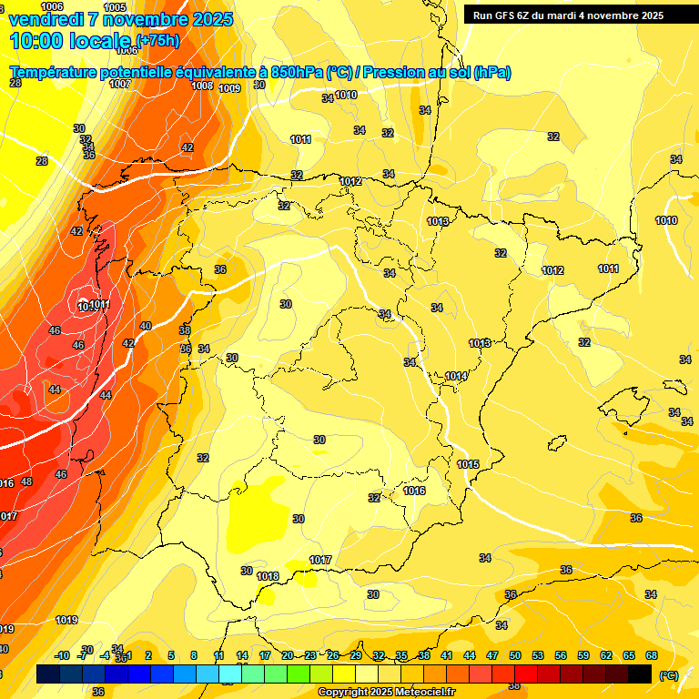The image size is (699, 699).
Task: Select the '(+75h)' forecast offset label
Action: (x=157, y=41)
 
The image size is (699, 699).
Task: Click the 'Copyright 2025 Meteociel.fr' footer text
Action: (x=388, y=692)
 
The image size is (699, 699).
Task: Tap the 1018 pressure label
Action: (x=268, y=576)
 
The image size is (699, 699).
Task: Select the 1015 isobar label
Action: (x=468, y=464)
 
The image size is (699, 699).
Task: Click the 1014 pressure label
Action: (x=456, y=376)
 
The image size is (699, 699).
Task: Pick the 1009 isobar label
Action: (x=229, y=88)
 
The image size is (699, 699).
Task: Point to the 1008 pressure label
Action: (x=202, y=86)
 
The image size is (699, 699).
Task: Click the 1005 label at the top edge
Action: (x=115, y=7)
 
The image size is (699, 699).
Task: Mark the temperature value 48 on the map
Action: (x=26, y=481)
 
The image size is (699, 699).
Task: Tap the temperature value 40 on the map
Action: (x=146, y=326)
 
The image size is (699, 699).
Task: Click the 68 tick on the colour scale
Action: (x=652, y=655)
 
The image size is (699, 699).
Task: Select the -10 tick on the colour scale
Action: (x=62, y=655)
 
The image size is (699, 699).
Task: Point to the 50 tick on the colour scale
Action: (x=515, y=655)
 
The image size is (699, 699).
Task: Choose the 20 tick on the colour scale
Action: (x=287, y=655)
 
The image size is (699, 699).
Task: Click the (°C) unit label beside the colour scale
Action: (x=669, y=675)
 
